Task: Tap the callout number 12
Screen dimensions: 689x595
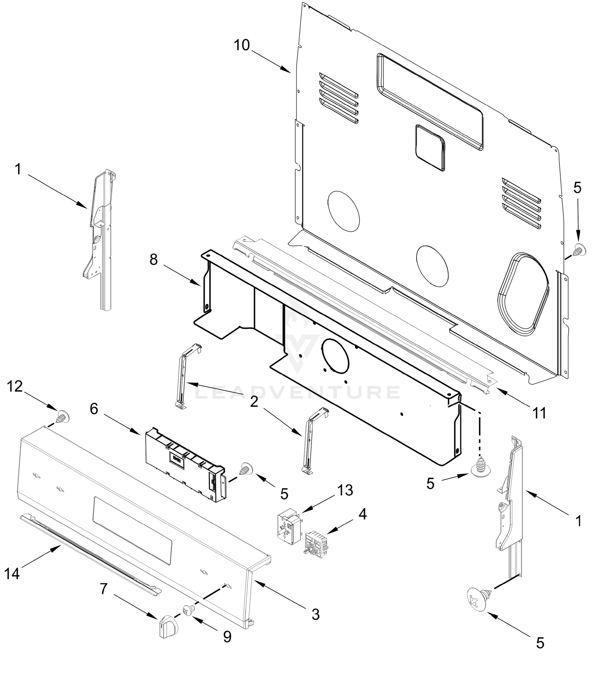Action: [15, 386]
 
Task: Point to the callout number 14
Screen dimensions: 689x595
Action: [12, 573]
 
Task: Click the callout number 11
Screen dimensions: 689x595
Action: [540, 413]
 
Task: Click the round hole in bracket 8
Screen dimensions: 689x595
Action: [335, 355]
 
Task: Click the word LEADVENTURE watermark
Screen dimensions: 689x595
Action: [297, 392]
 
